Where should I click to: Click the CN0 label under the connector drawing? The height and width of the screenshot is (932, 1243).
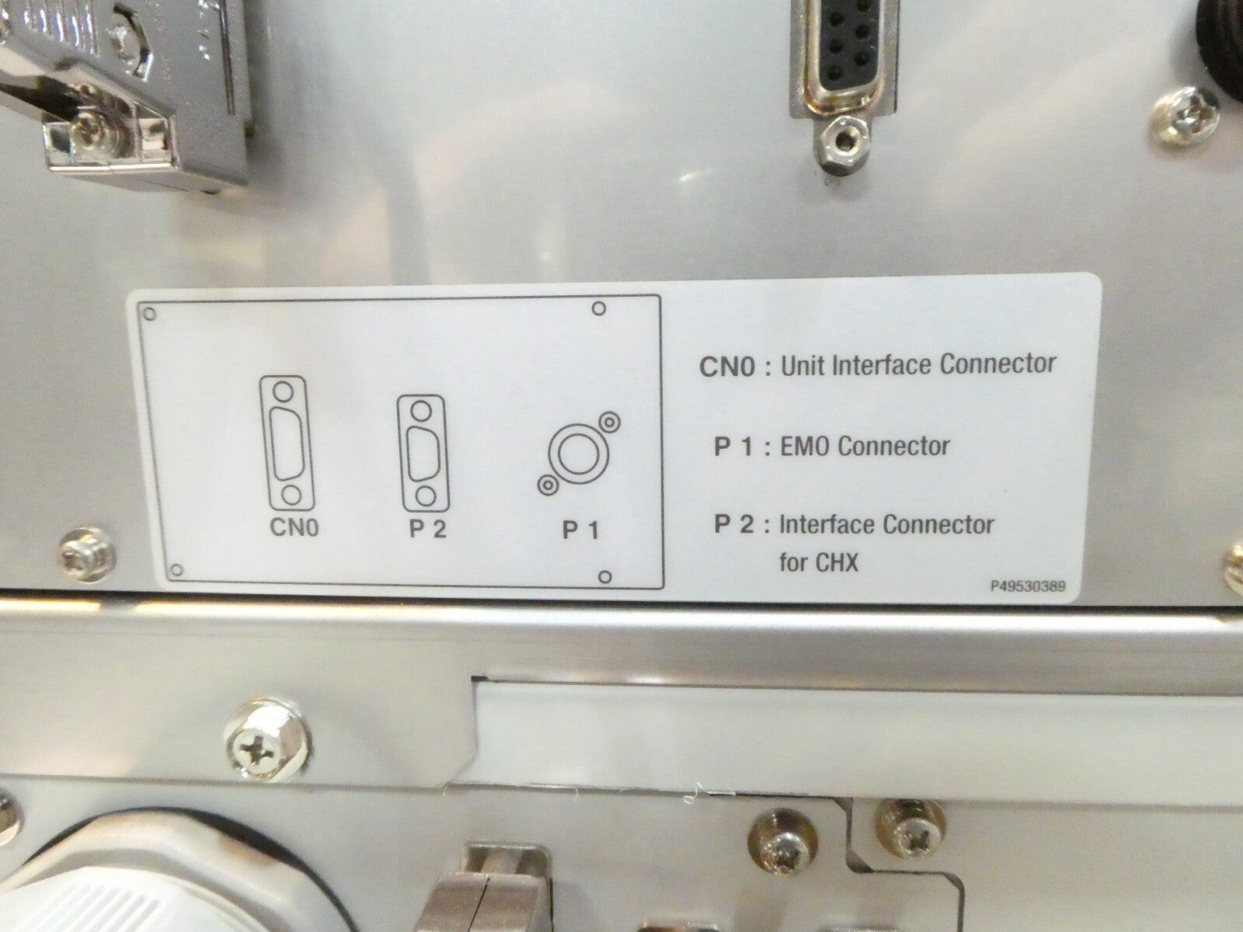294,527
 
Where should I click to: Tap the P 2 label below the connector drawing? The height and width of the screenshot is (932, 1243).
427,529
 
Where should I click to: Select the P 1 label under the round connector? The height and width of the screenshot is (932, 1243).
580,530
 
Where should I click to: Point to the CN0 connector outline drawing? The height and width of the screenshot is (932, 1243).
287,443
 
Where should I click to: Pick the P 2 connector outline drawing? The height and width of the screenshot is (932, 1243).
423,454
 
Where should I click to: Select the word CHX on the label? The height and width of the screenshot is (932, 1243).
837,562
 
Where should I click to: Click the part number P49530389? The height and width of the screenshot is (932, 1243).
1028,586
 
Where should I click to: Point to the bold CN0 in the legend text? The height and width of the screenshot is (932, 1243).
727,366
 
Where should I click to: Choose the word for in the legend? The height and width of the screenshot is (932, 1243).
794,562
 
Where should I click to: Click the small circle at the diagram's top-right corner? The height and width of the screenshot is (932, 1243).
598,308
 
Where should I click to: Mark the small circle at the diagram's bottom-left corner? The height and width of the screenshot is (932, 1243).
176,570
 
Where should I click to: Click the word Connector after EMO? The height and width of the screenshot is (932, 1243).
893,446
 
